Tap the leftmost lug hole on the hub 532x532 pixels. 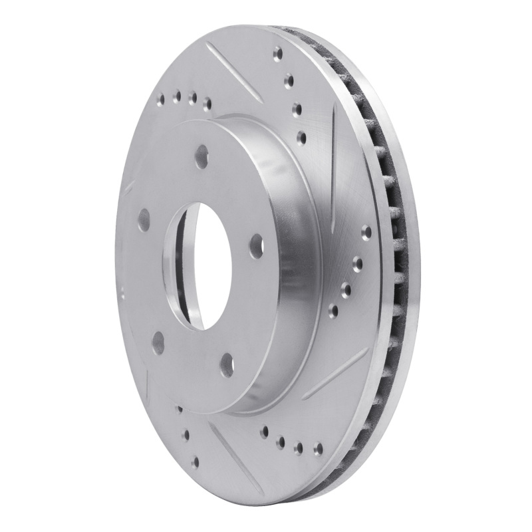tap(143, 217)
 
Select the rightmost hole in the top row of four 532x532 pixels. tap(207, 102)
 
